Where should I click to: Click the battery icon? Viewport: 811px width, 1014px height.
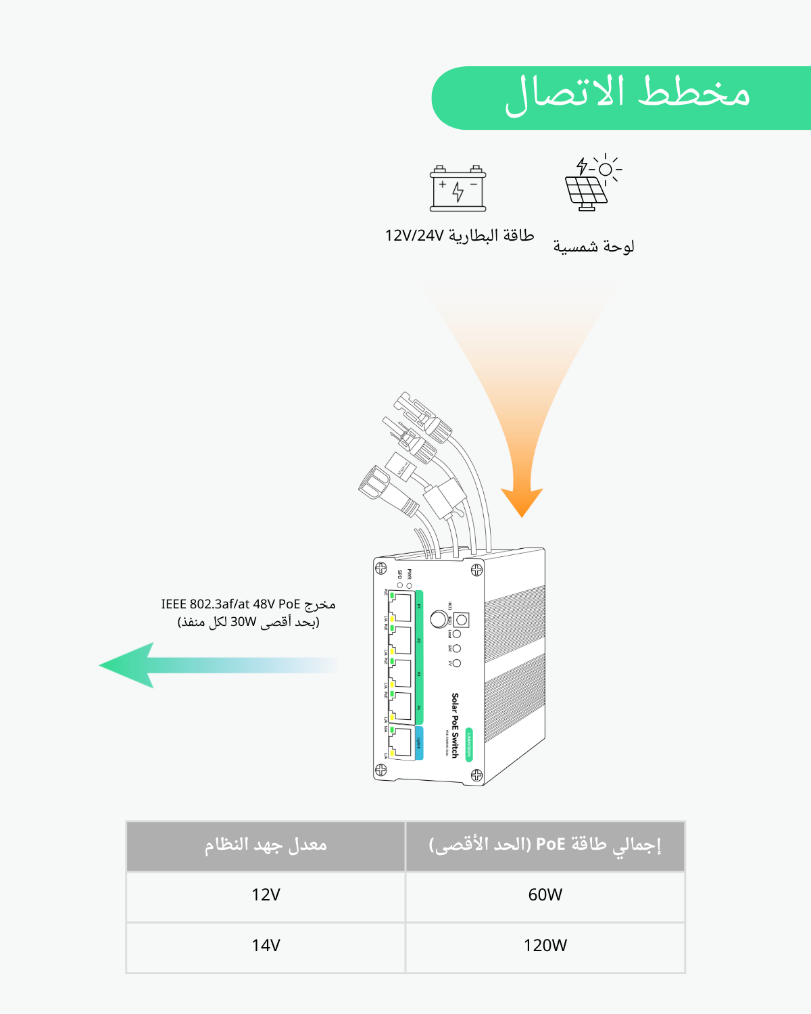(x=458, y=189)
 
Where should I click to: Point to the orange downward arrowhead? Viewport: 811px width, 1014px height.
(x=522, y=500)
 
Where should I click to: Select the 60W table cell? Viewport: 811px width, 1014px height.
(x=545, y=895)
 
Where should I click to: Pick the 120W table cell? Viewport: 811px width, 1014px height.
(x=545, y=945)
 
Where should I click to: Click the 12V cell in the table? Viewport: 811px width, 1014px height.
(x=266, y=895)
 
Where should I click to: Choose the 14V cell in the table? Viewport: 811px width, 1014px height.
(x=266, y=945)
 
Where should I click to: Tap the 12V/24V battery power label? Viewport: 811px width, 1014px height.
(x=460, y=235)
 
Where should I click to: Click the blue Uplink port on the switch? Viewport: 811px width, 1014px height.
(x=401, y=742)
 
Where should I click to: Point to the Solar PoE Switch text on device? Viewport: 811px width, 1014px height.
(x=455, y=725)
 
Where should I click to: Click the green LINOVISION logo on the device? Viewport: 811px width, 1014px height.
(x=469, y=744)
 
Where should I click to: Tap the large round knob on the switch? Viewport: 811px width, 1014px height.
(x=439, y=619)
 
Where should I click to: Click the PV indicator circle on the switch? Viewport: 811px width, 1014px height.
(x=457, y=663)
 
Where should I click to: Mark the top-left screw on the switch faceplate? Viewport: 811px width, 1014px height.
(x=380, y=568)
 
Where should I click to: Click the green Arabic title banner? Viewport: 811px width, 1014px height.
(x=622, y=98)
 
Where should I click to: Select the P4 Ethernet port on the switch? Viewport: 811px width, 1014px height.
(x=401, y=707)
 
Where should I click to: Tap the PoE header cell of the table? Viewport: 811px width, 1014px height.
(x=545, y=845)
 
